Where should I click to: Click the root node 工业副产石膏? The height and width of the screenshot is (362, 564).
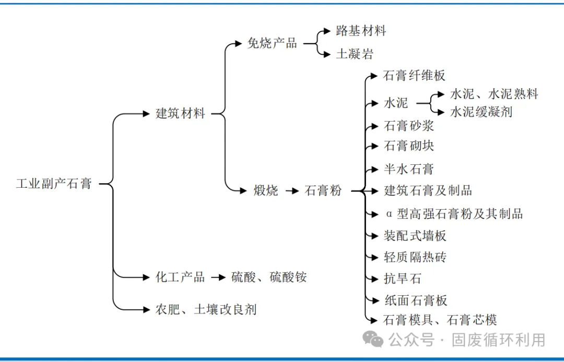(54, 184)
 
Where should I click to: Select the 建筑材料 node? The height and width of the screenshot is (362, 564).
(181, 113)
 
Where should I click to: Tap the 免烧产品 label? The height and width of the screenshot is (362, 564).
(272, 43)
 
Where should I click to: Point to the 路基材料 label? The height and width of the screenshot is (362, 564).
(361, 31)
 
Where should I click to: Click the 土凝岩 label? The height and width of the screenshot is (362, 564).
(355, 54)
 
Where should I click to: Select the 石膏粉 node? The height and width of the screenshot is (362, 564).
(323, 191)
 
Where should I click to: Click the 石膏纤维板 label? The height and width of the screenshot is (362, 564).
(414, 76)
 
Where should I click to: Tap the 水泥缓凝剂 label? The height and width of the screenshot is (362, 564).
(481, 112)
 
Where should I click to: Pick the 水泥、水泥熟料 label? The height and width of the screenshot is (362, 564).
(494, 94)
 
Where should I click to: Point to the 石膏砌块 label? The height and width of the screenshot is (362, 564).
(409, 146)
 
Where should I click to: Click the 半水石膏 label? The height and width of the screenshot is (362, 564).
(408, 169)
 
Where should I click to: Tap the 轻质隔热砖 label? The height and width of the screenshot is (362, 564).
(415, 257)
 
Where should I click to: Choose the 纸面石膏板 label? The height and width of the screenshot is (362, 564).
(415, 300)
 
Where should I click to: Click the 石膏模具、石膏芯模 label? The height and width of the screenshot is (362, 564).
(440, 320)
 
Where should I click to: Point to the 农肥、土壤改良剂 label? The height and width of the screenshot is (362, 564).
(206, 309)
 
